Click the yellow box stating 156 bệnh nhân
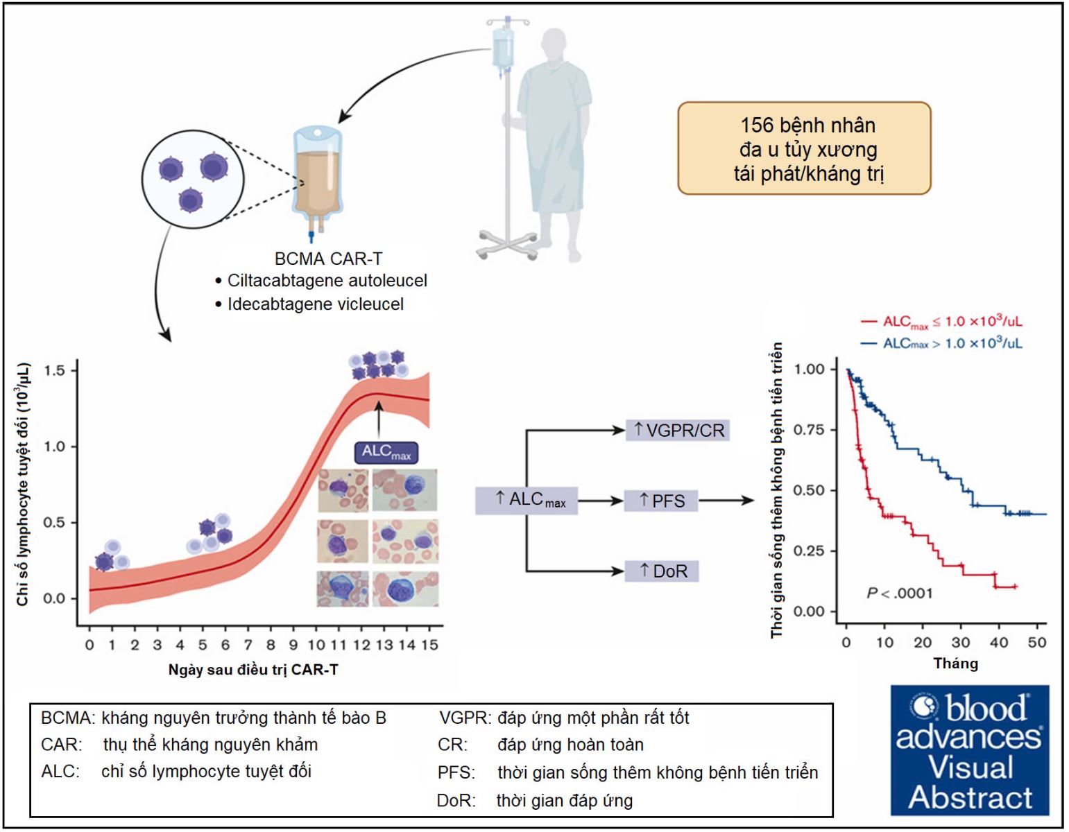804,148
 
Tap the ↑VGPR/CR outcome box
678,430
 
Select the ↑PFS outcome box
661,501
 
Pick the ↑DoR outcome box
662,571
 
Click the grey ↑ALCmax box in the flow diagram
527,500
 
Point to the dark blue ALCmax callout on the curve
386,452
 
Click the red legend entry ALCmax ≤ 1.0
941,322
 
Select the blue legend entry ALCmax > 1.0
941,343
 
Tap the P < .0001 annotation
899,593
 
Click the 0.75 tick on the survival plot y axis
809,430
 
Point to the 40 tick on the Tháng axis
998,643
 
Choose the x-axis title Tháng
955,664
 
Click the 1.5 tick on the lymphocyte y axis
54,370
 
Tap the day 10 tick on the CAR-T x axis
316,645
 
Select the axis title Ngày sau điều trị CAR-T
253,670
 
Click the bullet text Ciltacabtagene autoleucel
327,281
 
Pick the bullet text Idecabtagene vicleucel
315,304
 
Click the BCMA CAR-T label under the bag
328,259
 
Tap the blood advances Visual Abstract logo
969,750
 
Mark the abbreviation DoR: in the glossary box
456,801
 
